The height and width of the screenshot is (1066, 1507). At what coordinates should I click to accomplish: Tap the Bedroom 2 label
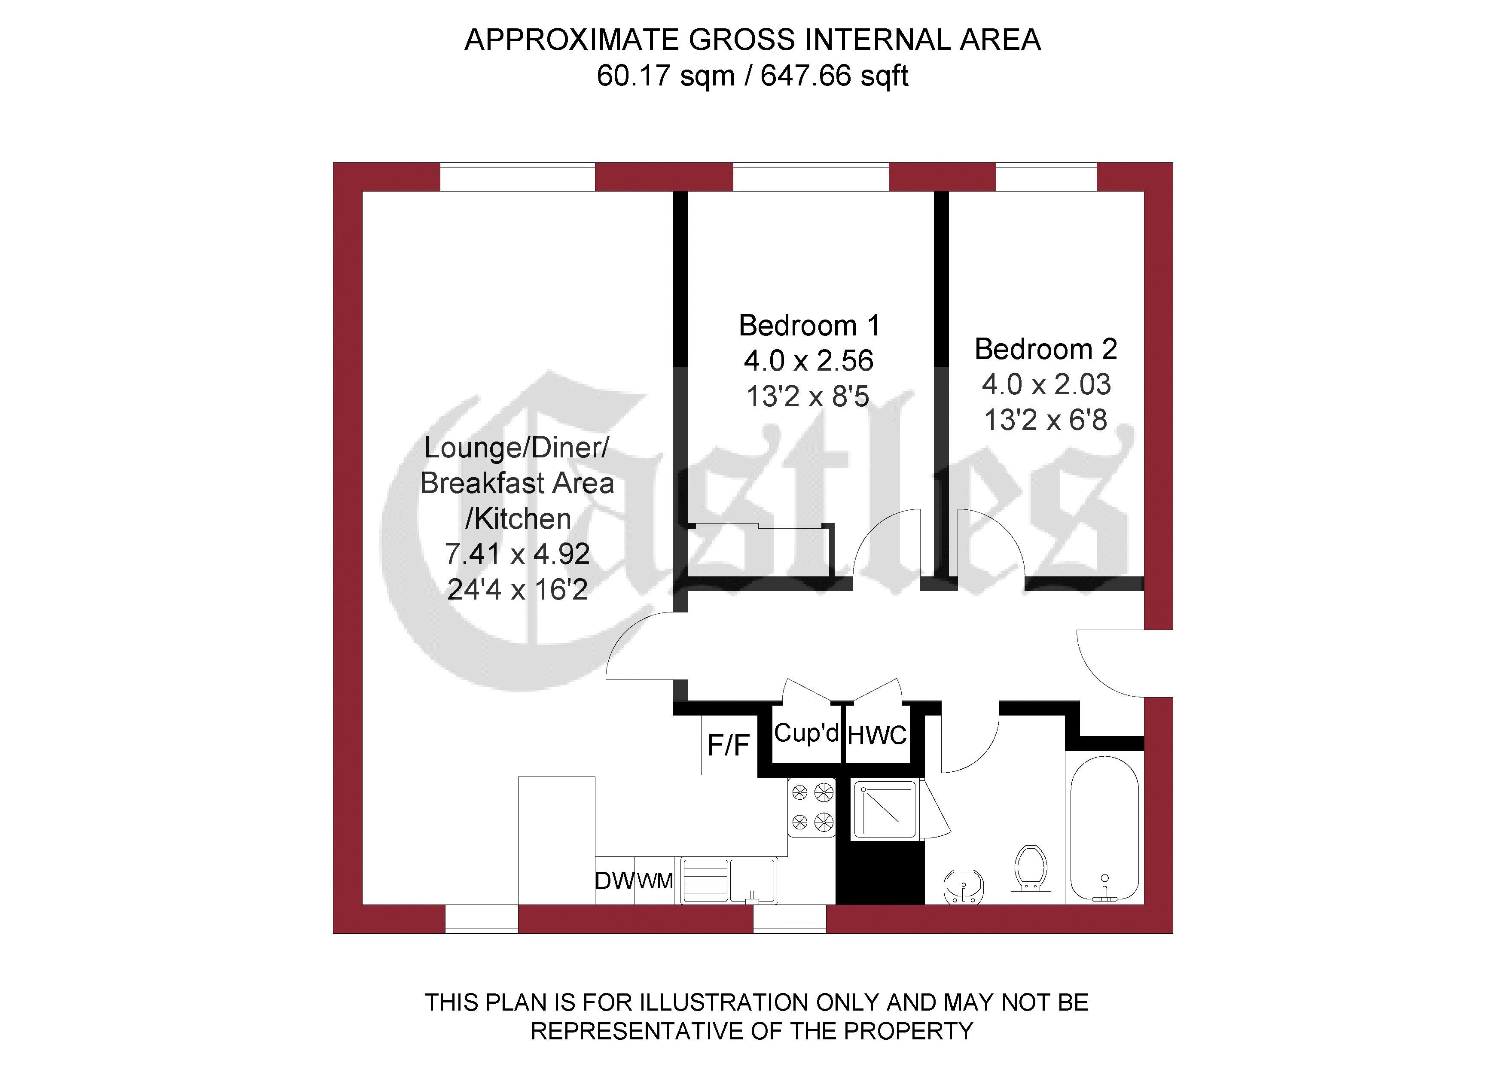[x=1046, y=349]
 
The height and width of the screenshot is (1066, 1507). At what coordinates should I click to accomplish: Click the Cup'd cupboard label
[x=806, y=733]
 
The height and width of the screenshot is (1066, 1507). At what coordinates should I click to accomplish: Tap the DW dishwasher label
[x=614, y=881]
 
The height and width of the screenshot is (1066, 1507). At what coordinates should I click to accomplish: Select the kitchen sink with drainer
[x=729, y=880]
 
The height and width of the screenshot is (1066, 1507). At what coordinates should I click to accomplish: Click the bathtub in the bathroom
[x=1104, y=830]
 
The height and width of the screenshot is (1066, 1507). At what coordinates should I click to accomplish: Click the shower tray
[x=884, y=810]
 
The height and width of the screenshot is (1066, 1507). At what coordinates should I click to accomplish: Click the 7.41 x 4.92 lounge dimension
[x=517, y=554]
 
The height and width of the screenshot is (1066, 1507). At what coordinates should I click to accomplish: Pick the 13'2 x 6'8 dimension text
[x=1046, y=420]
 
